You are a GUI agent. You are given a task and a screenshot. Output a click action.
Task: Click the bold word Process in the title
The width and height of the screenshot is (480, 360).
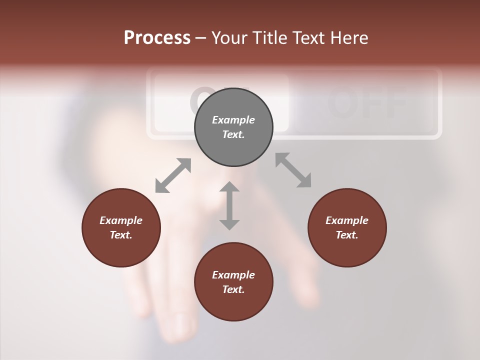[157, 38]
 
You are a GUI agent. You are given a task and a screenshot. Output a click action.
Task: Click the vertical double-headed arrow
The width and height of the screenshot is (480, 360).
[229, 206]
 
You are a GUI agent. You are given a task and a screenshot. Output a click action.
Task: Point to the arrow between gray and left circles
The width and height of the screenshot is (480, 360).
[173, 175]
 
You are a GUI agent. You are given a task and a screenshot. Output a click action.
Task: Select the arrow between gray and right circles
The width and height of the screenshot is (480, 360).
[293, 170]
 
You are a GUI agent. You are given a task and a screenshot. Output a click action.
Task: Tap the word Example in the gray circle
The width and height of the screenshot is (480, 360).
[233, 120]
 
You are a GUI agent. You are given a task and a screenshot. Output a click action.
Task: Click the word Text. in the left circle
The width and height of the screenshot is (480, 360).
[121, 235]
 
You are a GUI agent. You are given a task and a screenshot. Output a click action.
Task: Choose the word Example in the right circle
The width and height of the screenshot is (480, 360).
[347, 220]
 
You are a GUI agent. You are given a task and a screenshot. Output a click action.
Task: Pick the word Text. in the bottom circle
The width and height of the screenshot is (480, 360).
[233, 289]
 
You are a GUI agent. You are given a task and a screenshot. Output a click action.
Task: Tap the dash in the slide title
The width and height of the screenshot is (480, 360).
[201, 38]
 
